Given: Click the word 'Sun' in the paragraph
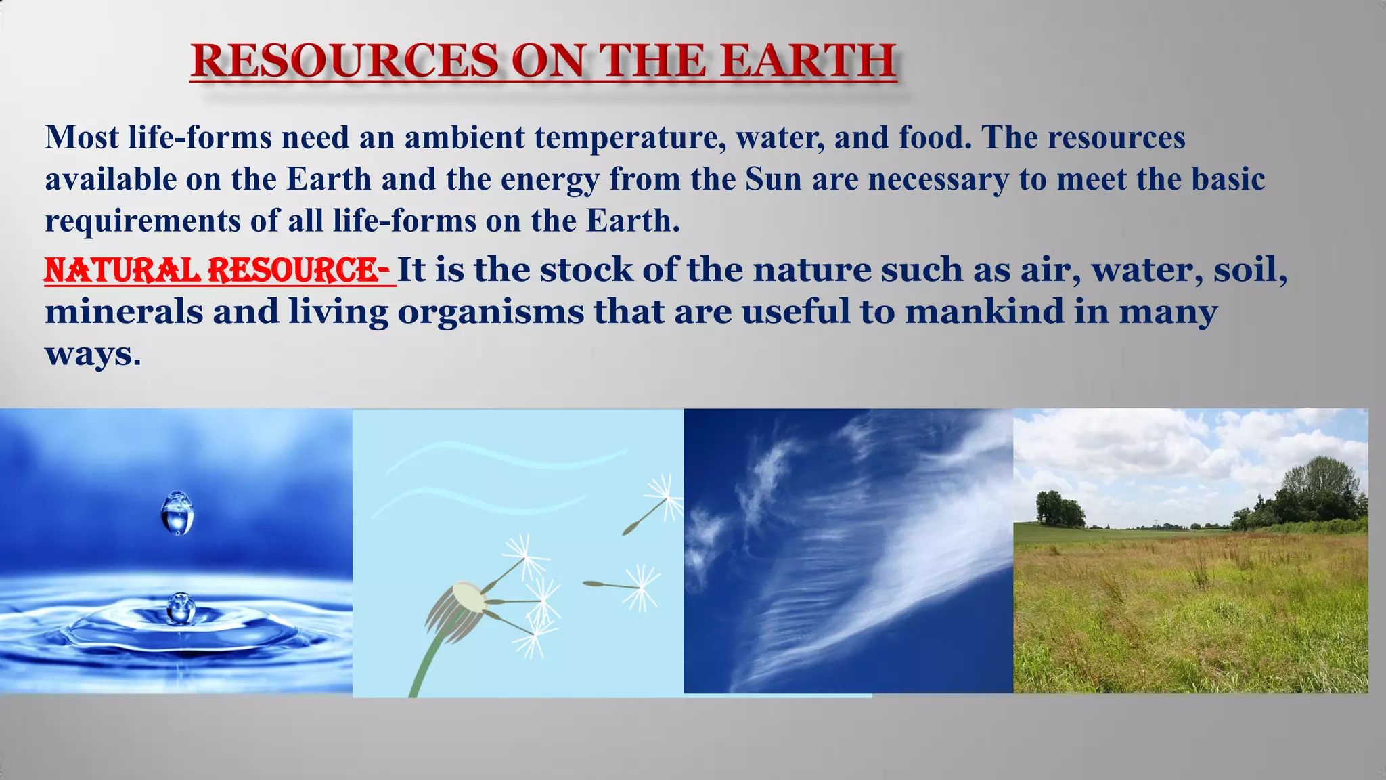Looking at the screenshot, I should click(x=774, y=179).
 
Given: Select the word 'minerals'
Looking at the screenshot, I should click(x=124, y=312).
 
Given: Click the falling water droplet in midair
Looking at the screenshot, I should click(x=178, y=513).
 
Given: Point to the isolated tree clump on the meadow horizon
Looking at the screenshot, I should click(x=1059, y=510).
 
